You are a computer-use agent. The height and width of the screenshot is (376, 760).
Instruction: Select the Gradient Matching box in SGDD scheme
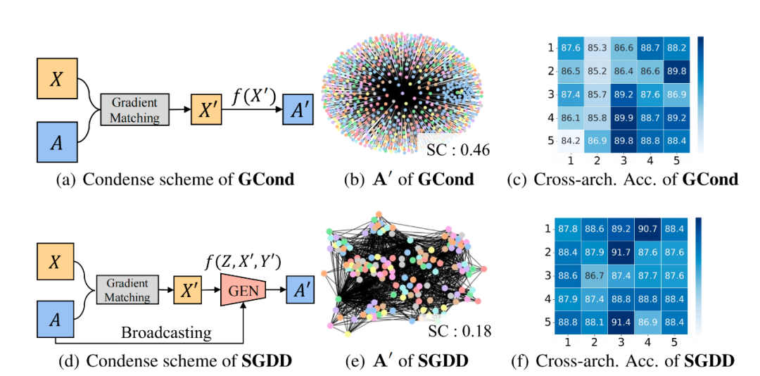127,290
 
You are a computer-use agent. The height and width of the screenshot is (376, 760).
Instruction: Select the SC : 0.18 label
459,330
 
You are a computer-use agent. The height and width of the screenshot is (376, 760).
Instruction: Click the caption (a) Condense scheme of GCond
175,179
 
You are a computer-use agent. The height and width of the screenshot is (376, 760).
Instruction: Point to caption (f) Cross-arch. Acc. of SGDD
621,361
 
